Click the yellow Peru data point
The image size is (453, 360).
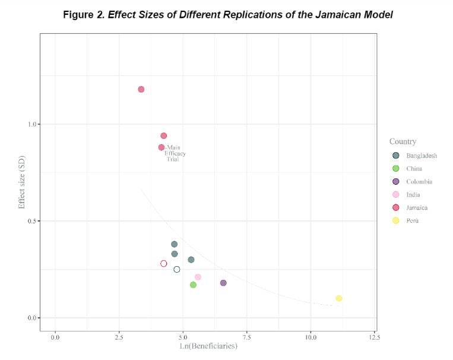coord(338,298)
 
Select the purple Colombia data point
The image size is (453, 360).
coord(223,283)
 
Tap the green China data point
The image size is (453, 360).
coord(193,285)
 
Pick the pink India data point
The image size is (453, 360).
coord(198,277)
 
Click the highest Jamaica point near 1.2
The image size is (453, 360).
coord(141,89)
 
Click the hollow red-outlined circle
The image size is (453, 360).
coord(164,264)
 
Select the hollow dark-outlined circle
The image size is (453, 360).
coord(176,269)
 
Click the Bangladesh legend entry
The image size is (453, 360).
coord(422,156)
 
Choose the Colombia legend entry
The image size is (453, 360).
coord(419,182)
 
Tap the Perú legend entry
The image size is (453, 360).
coord(413,221)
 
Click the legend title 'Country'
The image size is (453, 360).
coord(403,141)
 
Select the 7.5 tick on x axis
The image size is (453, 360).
coord(246,337)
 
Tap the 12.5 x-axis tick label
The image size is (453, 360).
coord(374,337)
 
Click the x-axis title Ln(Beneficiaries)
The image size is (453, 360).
coord(208,346)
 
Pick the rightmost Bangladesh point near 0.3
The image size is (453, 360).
coord(191,260)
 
